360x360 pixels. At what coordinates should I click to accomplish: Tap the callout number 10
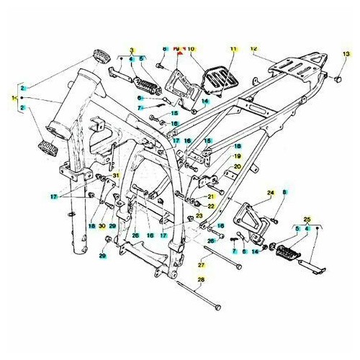pos(192,48)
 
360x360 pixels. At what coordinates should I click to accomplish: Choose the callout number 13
pos(345,54)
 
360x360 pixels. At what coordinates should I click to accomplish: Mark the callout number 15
pos(174,113)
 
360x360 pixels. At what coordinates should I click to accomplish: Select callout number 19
pos(235,156)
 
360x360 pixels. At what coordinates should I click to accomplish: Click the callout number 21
pos(211,196)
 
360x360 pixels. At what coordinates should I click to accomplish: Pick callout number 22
pos(211,205)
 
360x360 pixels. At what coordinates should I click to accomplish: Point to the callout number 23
pos(199,215)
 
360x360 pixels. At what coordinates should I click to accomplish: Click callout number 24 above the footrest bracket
pos(271,193)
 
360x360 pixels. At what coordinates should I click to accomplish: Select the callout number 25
pos(307,218)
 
